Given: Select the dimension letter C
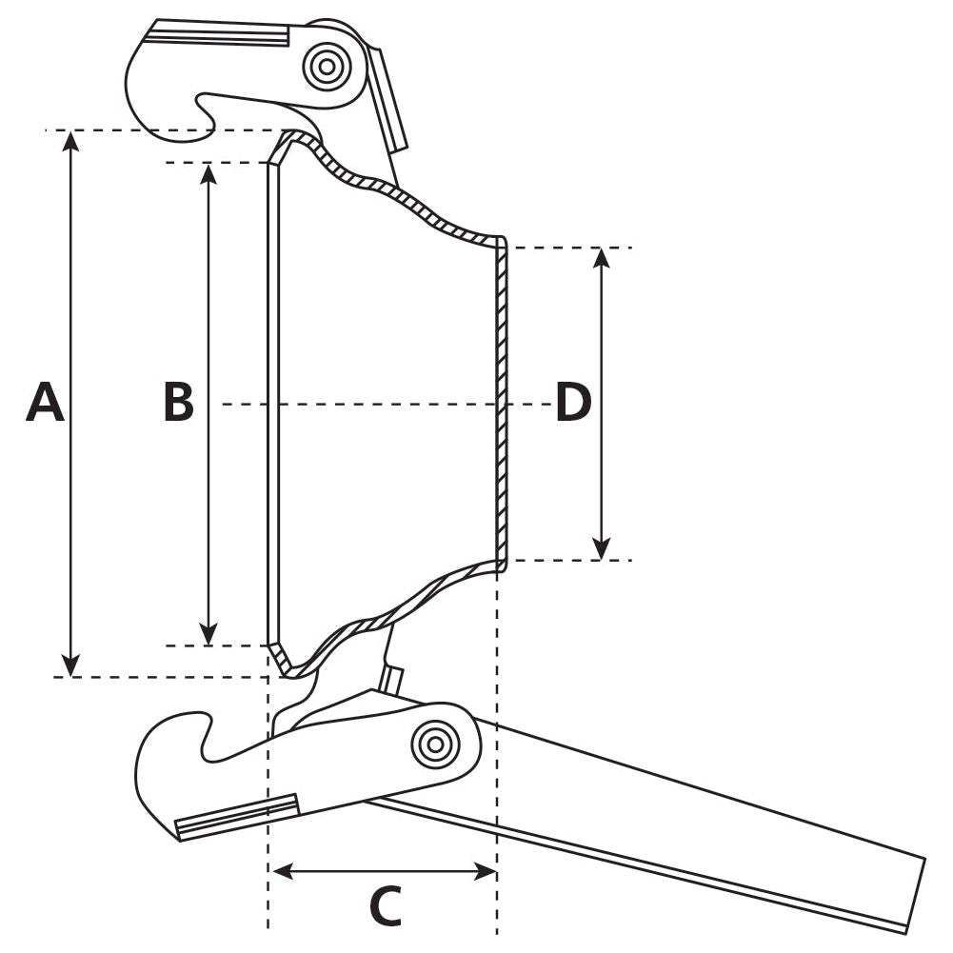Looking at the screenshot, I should pos(385,907).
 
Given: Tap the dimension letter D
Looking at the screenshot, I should pos(573,403).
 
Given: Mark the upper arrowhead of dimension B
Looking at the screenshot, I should pos(209,172).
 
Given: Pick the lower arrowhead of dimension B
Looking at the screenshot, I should pos(209,635).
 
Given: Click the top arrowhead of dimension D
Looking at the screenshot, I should pos(601,257).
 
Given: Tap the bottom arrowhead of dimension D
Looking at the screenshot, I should pos(601,550).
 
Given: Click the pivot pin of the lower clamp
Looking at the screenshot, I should pos(435,744).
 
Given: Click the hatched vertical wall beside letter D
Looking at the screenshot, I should pos(502,403).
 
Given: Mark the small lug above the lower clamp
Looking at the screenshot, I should pos(391,679).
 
